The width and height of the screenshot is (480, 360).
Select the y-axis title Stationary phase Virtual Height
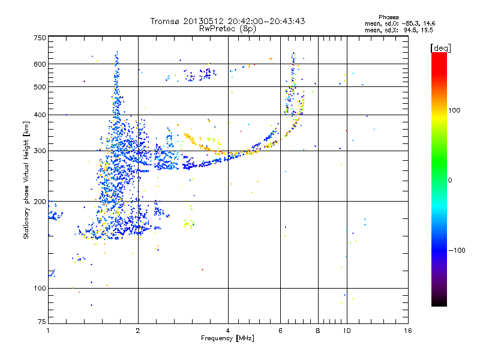tap(26, 180)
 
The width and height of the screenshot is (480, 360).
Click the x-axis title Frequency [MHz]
tap(228, 339)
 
